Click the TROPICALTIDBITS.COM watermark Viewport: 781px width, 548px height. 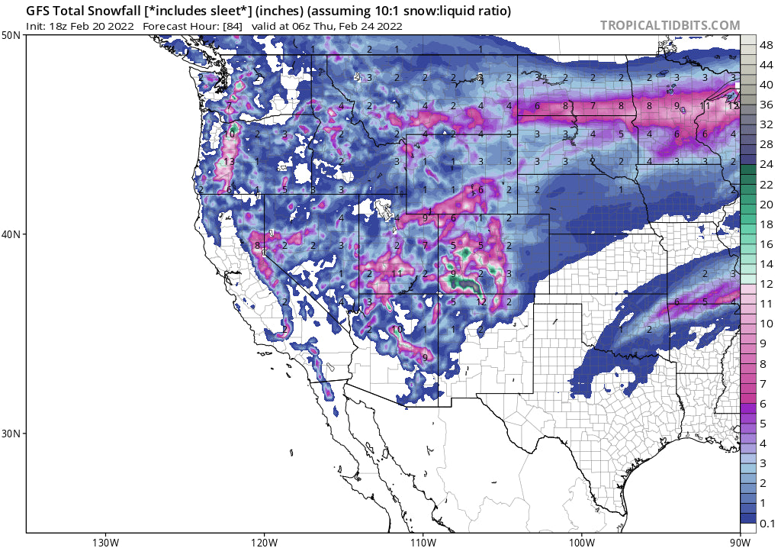pyautogui.click(x=670, y=25)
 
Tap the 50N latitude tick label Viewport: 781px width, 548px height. pyautogui.click(x=11, y=36)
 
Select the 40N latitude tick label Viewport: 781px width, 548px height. pyautogui.click(x=11, y=234)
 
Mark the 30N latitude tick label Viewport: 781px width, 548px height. pyautogui.click(x=11, y=433)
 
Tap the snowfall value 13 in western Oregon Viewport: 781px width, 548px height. pyautogui.click(x=228, y=162)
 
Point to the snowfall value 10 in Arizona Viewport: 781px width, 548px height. pyautogui.click(x=397, y=330)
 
